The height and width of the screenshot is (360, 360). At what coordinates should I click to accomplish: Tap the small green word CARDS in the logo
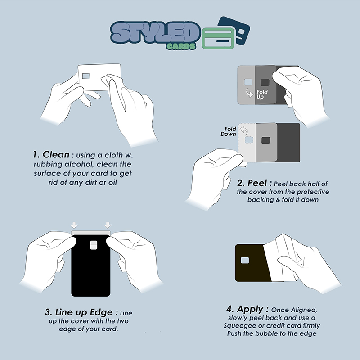point(181,46)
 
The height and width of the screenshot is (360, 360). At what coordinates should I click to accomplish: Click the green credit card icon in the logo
point(218,39)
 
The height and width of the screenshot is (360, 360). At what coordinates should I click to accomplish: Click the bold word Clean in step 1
point(56,154)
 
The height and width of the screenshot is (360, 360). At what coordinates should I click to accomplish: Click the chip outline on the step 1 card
point(85,76)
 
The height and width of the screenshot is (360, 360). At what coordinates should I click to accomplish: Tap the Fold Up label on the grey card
point(262,94)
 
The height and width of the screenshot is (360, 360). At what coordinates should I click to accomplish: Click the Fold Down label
point(229,131)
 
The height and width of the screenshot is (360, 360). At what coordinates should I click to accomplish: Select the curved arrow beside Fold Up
point(250,93)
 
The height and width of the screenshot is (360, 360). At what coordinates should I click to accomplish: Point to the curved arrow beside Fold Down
point(243,130)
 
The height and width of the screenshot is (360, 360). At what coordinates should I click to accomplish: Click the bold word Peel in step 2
point(257,183)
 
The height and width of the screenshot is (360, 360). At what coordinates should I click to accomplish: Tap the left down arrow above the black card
point(74,225)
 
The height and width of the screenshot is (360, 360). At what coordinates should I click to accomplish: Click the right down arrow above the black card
point(108,225)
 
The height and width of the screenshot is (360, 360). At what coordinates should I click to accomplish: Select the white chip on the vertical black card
point(94,245)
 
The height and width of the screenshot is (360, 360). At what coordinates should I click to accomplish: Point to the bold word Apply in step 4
point(250,309)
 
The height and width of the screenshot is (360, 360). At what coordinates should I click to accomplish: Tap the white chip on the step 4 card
point(245,261)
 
